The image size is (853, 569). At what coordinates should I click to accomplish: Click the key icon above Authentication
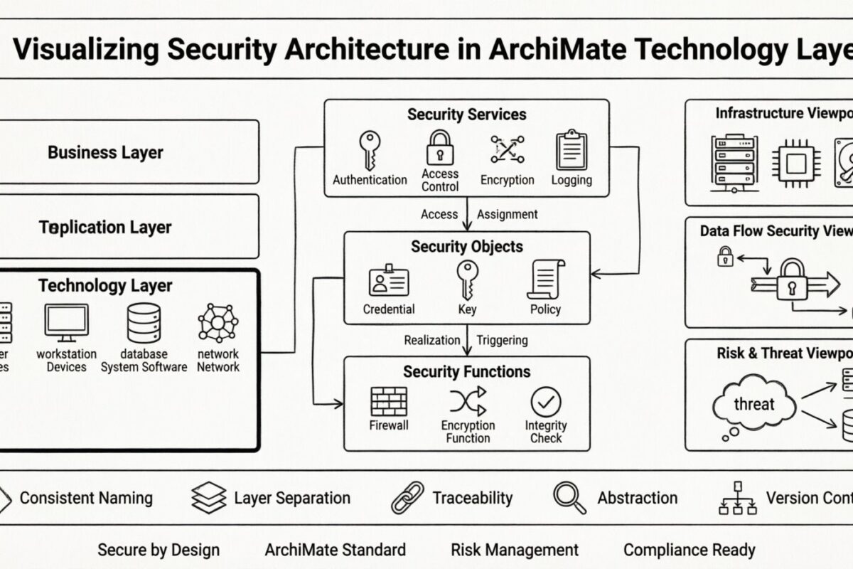(368, 149)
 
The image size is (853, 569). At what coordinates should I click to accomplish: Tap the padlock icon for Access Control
(440, 148)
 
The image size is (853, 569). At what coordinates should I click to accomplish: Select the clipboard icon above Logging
(571, 149)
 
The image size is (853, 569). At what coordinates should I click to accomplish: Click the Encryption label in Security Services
(507, 180)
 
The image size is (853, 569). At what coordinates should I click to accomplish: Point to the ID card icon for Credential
(389, 281)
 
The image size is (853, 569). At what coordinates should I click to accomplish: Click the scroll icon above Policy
(545, 280)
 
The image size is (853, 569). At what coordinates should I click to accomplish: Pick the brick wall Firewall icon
(389, 401)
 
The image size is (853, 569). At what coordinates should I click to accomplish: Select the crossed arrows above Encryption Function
(468, 401)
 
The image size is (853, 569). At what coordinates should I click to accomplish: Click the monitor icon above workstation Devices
(66, 322)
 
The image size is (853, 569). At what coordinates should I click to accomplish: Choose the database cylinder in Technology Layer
(144, 323)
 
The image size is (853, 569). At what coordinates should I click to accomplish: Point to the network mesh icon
(218, 323)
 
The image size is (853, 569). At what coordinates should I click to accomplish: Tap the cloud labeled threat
(753, 404)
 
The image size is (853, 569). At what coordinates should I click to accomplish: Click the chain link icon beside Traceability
(407, 498)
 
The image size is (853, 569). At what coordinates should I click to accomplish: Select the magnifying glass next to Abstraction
(569, 498)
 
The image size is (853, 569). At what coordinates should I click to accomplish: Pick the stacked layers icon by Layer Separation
(209, 498)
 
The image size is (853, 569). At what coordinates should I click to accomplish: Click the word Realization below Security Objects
(432, 340)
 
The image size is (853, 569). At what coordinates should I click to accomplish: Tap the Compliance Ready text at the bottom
(689, 550)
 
